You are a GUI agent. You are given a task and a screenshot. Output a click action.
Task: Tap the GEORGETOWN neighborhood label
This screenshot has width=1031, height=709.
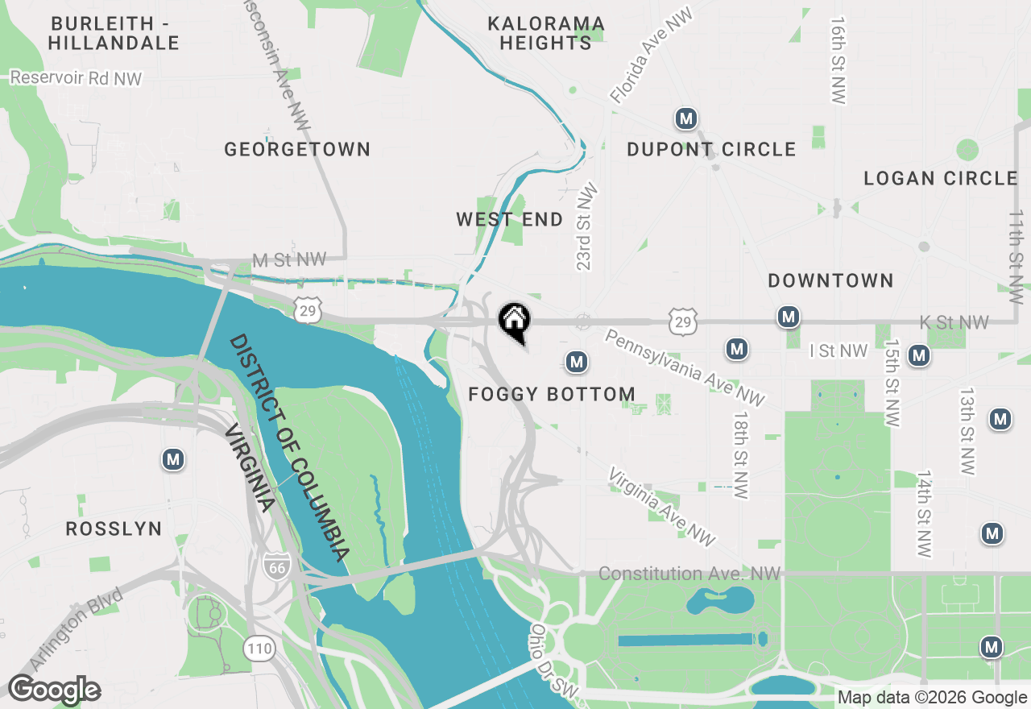pos(297,149)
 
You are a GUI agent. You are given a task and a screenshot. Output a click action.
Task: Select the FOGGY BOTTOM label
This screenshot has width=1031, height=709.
pos(552,394)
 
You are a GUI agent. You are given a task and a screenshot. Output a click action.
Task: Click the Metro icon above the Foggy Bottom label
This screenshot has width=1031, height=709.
pos(576,363)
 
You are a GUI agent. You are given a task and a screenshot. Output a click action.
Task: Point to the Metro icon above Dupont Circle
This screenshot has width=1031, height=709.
pos(685,119)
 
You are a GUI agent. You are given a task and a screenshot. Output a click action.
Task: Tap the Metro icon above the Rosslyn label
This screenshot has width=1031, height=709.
pos(173,459)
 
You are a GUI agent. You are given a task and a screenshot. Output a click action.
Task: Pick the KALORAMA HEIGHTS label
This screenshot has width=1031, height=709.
pos(546,33)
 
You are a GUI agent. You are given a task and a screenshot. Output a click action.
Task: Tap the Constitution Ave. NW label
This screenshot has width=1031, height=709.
pos(689,574)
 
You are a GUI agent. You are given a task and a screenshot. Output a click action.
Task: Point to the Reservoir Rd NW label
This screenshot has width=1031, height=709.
pos(77,78)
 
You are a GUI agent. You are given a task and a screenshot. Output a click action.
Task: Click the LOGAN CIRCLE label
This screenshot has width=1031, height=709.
pos(941,178)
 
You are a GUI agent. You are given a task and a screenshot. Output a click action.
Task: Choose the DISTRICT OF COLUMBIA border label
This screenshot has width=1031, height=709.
pos(289,448)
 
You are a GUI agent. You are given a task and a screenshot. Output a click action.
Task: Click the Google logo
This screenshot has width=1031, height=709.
pos(54,690)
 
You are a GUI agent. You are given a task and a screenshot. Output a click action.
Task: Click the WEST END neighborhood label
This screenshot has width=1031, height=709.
pos(509,219)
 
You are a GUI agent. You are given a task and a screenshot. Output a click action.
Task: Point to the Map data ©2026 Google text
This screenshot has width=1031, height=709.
pos(932,698)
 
